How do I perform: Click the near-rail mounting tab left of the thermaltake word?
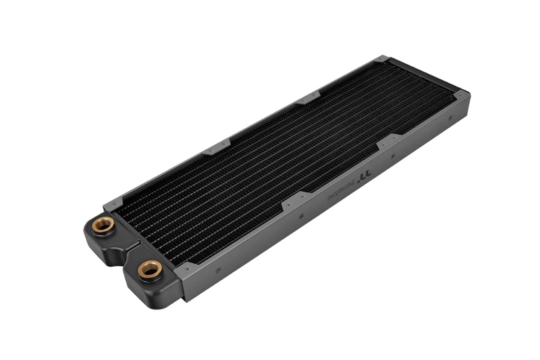tap(296, 199)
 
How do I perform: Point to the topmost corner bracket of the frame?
tap(381, 60)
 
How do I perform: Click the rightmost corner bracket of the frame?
tap(462, 97)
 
